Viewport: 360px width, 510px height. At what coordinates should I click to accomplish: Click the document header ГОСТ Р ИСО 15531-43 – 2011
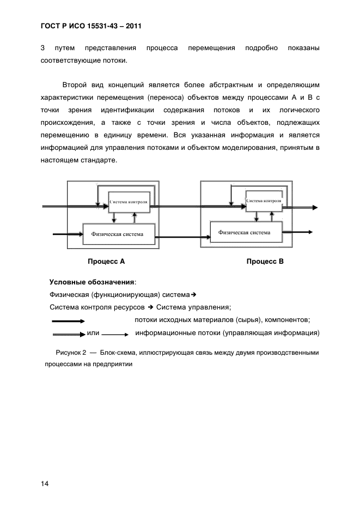(91, 25)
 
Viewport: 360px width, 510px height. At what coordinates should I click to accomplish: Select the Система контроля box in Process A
(129, 202)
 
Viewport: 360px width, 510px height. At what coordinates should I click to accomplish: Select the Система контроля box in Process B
(264, 201)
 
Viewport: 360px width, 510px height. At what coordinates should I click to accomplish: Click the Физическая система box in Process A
(118, 235)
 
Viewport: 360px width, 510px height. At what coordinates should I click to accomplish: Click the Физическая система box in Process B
(247, 232)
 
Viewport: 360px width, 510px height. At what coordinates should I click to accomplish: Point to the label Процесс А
(106, 262)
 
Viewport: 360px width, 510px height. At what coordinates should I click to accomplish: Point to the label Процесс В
(265, 262)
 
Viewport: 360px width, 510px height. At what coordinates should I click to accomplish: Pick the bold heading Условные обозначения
(92, 282)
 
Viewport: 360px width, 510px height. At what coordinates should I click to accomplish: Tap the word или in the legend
(93, 333)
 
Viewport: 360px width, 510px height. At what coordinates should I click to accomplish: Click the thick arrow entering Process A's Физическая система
(67, 235)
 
